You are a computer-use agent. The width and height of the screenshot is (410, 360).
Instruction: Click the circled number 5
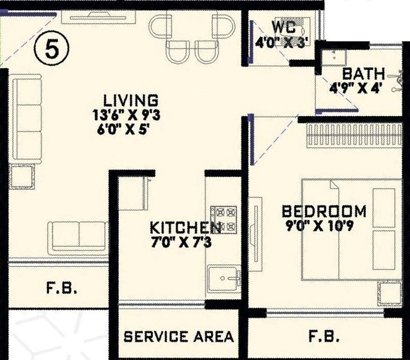pos(52,49)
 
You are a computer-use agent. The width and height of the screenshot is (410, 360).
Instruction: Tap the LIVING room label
pos(131,100)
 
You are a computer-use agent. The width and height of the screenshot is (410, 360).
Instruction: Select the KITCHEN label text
pos(185,227)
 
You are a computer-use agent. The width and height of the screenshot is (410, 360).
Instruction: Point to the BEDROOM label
pos(324,212)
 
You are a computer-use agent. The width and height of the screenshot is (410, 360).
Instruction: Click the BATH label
pos(364,74)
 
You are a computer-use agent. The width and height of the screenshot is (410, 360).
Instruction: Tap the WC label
pos(283,27)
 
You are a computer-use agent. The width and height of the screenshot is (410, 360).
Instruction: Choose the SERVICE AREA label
pos(179,337)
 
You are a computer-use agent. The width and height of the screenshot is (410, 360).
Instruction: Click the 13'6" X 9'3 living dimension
pos(127,115)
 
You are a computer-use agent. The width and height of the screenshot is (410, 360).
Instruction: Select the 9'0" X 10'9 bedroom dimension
pos(320,226)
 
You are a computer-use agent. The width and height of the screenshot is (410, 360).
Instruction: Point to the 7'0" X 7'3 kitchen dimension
pos(181,243)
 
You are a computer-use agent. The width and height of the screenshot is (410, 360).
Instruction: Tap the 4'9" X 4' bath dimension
pos(354,88)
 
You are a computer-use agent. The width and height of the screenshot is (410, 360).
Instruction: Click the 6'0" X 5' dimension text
pos(123,130)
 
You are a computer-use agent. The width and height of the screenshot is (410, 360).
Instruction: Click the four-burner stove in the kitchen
pos(224,220)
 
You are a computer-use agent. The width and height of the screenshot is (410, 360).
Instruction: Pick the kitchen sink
pos(224,279)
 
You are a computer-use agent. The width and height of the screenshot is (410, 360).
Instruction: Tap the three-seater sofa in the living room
pos(27,119)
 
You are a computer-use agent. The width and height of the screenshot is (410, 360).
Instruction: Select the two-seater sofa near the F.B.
pos(78,238)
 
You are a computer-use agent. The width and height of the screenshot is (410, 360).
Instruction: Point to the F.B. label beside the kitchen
pos(61,287)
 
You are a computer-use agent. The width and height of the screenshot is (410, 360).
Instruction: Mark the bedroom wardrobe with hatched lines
pos(354,135)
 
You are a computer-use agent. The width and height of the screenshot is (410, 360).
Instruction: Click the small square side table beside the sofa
pos(22,176)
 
